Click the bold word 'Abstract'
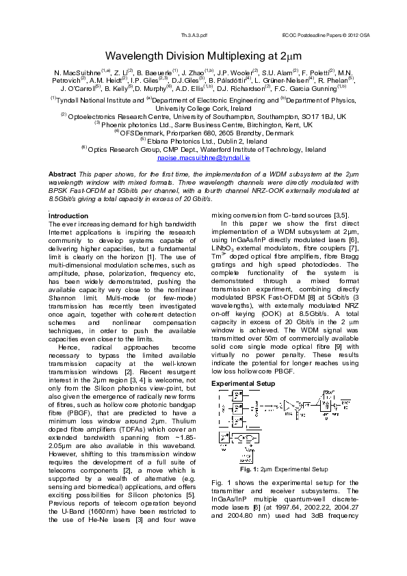(x=62, y=175)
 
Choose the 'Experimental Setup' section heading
(x=244, y=384)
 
